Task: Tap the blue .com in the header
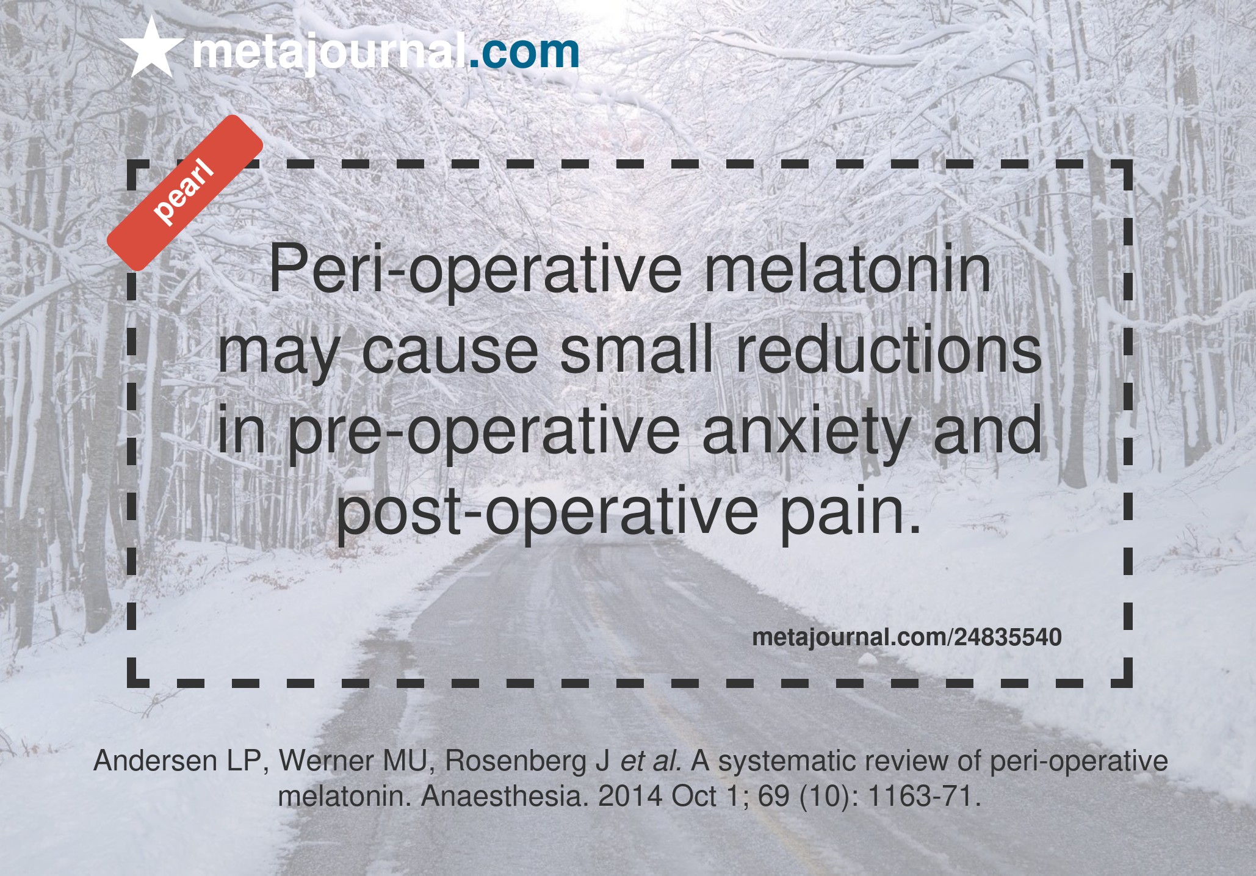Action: pyautogui.click(x=524, y=52)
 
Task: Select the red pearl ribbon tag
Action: pyautogui.click(x=185, y=193)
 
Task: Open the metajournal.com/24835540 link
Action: pyautogui.click(x=907, y=637)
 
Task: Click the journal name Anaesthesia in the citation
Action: pyautogui.click(x=505, y=797)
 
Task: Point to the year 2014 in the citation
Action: pyautogui.click(x=630, y=797)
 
